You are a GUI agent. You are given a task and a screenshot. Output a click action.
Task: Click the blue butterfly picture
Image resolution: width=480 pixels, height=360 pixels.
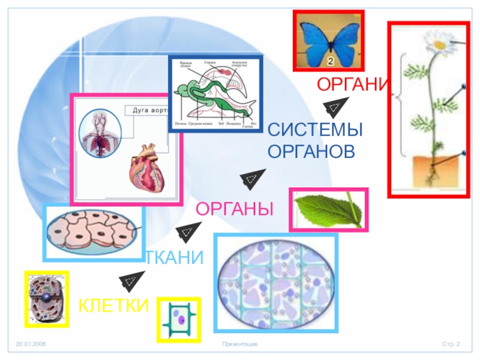[328, 40]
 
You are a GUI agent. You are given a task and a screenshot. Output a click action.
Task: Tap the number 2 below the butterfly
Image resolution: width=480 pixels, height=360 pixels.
[330, 61]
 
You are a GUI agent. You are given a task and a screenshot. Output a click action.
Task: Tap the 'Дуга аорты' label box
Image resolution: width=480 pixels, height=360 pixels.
[149, 110]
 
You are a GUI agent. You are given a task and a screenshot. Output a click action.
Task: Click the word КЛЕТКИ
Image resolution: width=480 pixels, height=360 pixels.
[113, 305]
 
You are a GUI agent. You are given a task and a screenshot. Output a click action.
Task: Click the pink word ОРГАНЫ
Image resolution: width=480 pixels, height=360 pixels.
[235, 209]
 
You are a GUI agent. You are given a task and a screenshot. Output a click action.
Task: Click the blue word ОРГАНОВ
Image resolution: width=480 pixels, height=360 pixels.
[311, 152]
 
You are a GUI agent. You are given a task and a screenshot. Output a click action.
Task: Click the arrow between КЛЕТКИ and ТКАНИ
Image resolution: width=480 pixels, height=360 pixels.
[131, 280]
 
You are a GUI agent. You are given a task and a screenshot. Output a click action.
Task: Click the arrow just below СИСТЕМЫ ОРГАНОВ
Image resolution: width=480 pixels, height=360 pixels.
[252, 179]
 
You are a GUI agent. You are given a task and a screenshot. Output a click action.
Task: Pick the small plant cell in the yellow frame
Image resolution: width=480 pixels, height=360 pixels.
[179, 319]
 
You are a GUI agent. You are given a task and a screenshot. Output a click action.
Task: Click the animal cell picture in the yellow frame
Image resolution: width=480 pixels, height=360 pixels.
[46, 299]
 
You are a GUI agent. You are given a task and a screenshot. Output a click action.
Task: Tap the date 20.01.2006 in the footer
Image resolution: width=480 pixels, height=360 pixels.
[31, 344]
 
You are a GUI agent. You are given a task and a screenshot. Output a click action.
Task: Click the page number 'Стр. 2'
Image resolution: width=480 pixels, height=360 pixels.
[451, 344]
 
